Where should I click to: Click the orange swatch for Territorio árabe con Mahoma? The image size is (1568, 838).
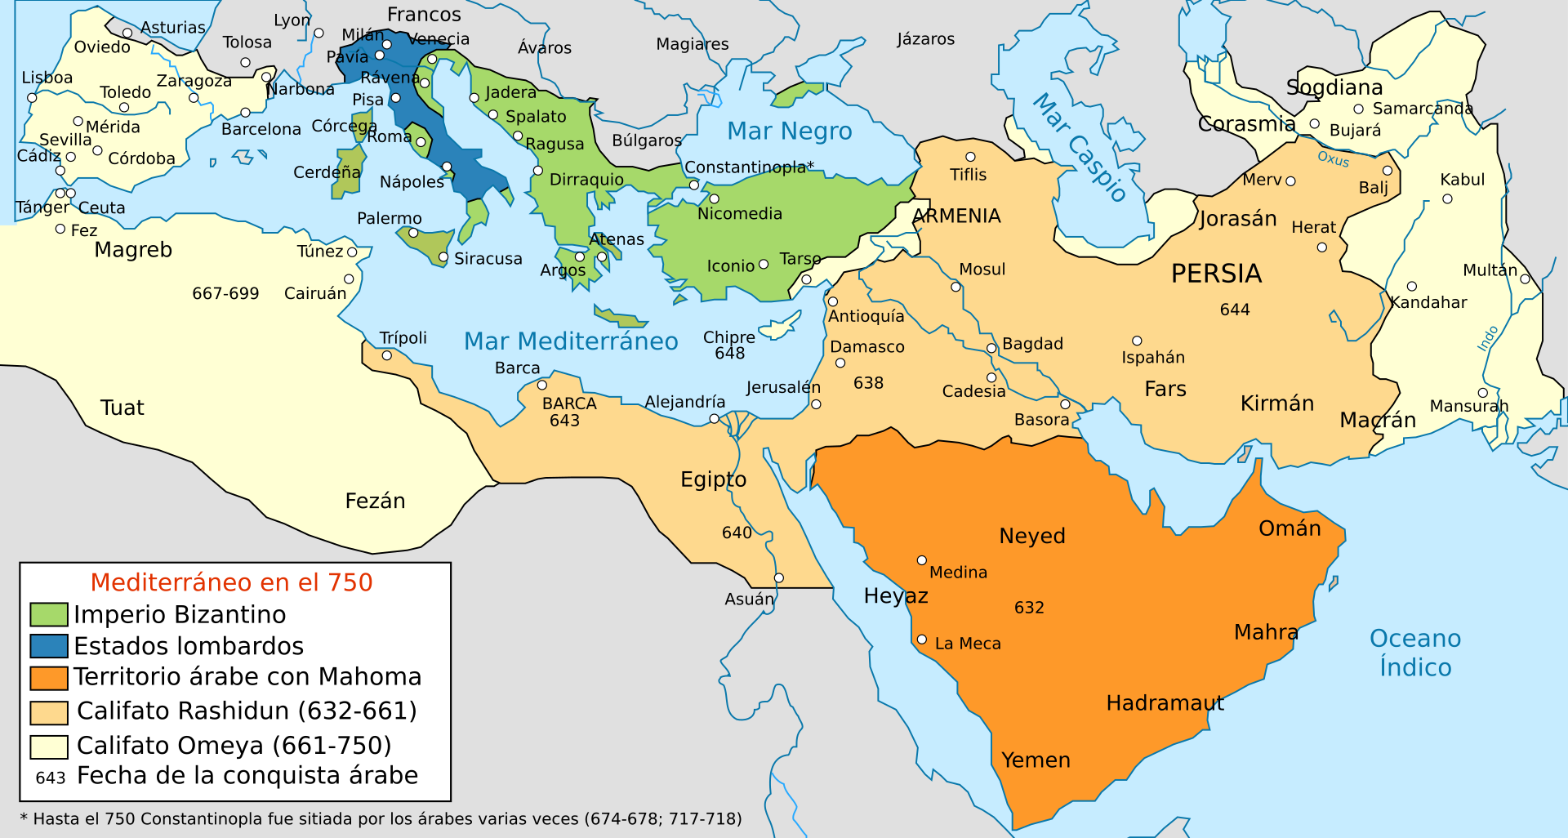[48, 678]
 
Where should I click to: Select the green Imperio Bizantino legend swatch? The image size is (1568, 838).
[48, 614]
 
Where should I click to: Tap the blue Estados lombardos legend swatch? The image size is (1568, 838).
[48, 646]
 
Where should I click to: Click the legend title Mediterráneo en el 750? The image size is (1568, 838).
[231, 582]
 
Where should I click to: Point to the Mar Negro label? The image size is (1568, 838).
[789, 131]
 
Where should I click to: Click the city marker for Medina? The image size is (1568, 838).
[921, 560]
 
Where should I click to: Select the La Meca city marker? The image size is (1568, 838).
[921, 640]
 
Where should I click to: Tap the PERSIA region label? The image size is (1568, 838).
[1216, 274]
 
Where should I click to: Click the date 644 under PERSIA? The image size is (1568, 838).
[1235, 310]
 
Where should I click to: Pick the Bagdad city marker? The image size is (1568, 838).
[991, 348]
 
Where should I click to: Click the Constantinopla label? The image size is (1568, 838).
[745, 167]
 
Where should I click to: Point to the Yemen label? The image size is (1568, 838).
[1036, 760]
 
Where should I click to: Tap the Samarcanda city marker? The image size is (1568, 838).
[1359, 109]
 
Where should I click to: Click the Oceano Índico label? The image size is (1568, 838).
[1414, 653]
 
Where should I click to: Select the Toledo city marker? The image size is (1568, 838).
[124, 108]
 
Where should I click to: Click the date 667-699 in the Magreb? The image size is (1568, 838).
[225, 293]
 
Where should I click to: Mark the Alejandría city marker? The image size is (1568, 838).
[714, 418]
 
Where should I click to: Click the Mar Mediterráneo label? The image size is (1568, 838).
[571, 341]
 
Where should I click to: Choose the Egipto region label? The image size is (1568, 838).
[713, 479]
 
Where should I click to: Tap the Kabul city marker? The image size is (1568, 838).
[1447, 198]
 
